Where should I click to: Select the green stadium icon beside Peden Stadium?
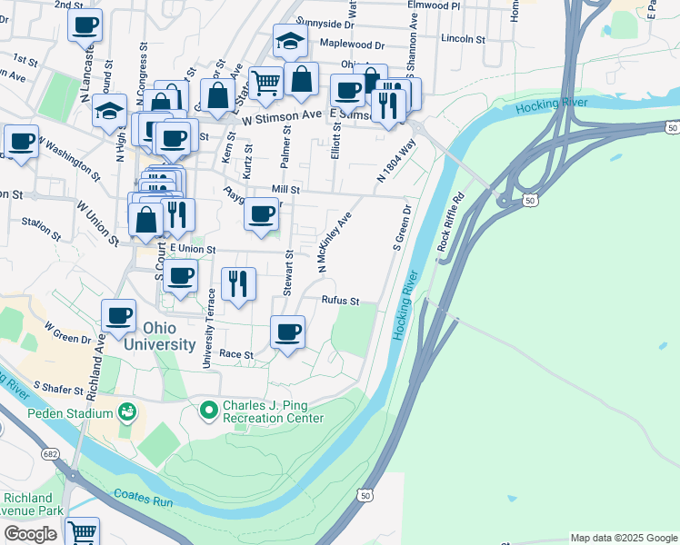pyautogui.click(x=127, y=412)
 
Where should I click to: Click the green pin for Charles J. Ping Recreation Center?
pyautogui.click(x=209, y=411)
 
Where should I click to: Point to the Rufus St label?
pyautogui.click(x=341, y=301)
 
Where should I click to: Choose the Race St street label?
pyautogui.click(x=235, y=354)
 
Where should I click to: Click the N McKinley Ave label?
pyautogui.click(x=335, y=243)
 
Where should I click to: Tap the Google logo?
pyautogui.click(x=31, y=534)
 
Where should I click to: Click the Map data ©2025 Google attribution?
pyautogui.click(x=624, y=538)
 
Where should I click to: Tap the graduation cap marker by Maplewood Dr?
pyautogui.click(x=290, y=41)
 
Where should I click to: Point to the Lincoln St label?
pyautogui.click(x=464, y=39)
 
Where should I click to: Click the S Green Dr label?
pyautogui.click(x=402, y=227)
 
